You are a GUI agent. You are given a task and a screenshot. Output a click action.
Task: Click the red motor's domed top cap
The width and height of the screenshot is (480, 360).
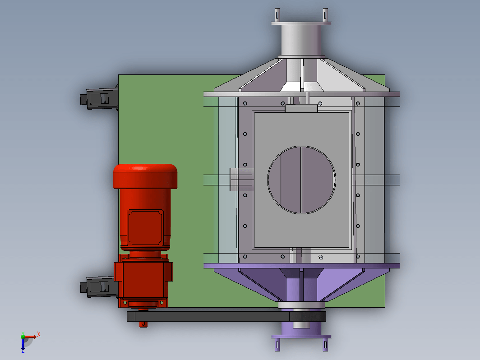pyautogui.click(x=145, y=176)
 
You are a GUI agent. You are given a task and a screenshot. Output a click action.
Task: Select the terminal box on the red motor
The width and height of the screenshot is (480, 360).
pyautogui.click(x=145, y=228)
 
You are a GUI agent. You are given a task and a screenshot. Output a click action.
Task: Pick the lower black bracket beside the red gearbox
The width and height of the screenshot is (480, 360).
pyautogui.click(x=98, y=286)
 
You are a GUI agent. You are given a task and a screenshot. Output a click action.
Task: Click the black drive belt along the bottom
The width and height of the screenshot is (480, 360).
pyautogui.click(x=226, y=316)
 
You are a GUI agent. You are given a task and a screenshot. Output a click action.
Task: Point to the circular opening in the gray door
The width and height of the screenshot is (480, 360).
pyautogui.click(x=301, y=180)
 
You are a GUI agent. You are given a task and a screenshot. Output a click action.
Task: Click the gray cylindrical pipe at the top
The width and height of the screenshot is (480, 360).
pyautogui.click(x=301, y=40)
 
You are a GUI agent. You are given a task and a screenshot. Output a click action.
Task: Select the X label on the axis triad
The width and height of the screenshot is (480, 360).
pyautogui.click(x=39, y=334)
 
